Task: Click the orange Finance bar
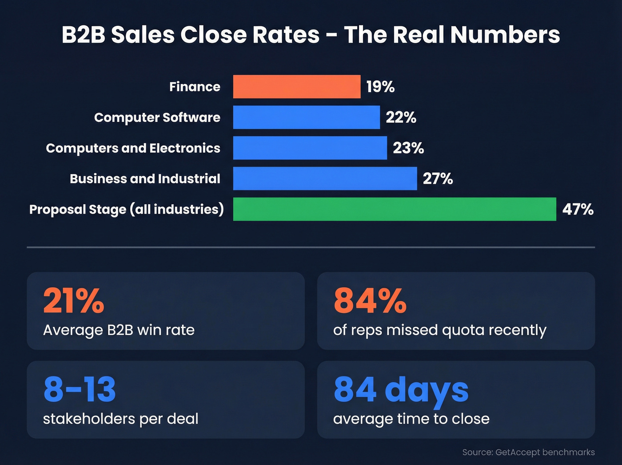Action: (x=297, y=87)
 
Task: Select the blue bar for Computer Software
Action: (x=307, y=117)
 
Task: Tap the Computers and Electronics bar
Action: (x=310, y=148)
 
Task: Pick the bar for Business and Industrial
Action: (x=325, y=178)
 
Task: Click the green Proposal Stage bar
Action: (x=395, y=209)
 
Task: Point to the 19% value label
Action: (x=380, y=87)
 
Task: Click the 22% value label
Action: (x=401, y=117)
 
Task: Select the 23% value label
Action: (x=408, y=148)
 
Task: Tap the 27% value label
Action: (x=438, y=178)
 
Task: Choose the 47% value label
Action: (x=578, y=209)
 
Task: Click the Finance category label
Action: (x=195, y=87)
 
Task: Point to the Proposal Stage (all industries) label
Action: (x=126, y=209)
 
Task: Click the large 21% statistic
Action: (x=74, y=301)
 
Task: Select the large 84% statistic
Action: (x=370, y=301)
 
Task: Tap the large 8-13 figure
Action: (x=80, y=389)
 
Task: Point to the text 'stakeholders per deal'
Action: (x=120, y=419)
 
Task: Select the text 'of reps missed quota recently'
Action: (x=439, y=330)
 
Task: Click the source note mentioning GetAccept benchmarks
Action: (x=528, y=452)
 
